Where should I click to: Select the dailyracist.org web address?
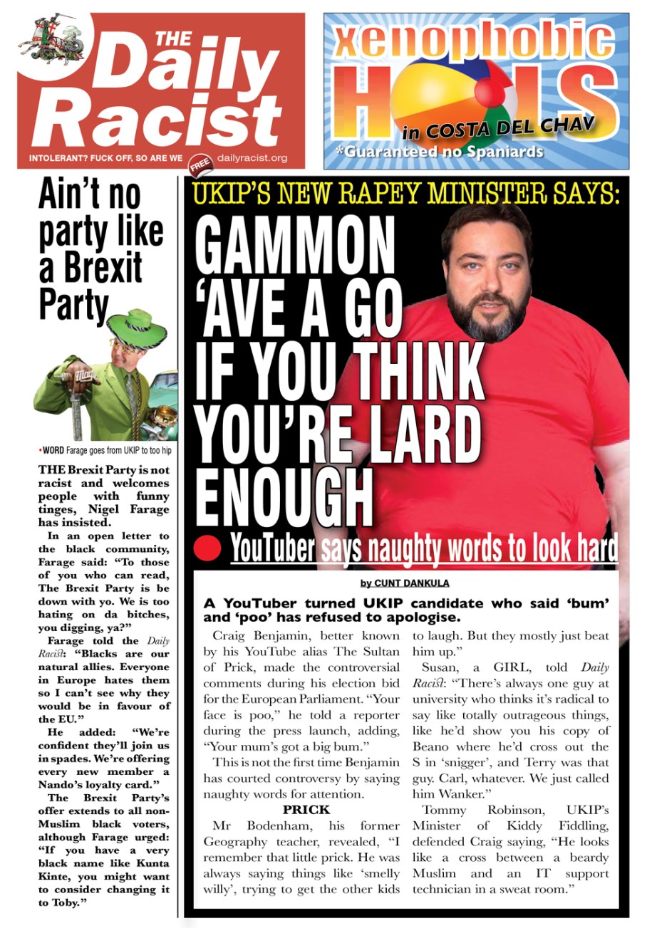point(252,158)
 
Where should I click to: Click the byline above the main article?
point(404,583)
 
